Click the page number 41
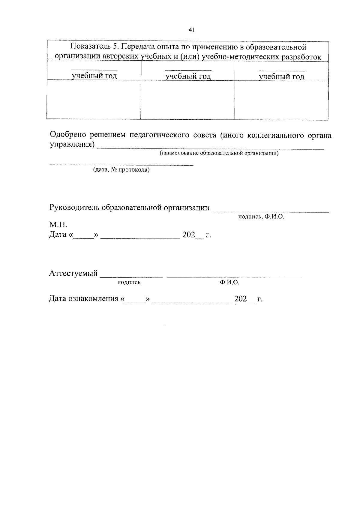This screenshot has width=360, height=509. (192, 30)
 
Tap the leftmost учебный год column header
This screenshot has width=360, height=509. (94, 76)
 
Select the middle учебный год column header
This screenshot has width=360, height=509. (188, 76)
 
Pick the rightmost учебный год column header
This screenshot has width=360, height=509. (282, 77)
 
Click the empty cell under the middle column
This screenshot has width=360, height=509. (188, 100)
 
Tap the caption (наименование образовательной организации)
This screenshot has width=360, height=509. (219, 154)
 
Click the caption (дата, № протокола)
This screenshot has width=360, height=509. (121, 170)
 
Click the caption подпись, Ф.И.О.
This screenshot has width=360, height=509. (261, 217)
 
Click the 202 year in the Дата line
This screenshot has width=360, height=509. (189, 235)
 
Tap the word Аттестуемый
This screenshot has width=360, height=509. (73, 274)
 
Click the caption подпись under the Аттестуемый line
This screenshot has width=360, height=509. (129, 282)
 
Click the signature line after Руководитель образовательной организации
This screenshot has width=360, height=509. (270, 211)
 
